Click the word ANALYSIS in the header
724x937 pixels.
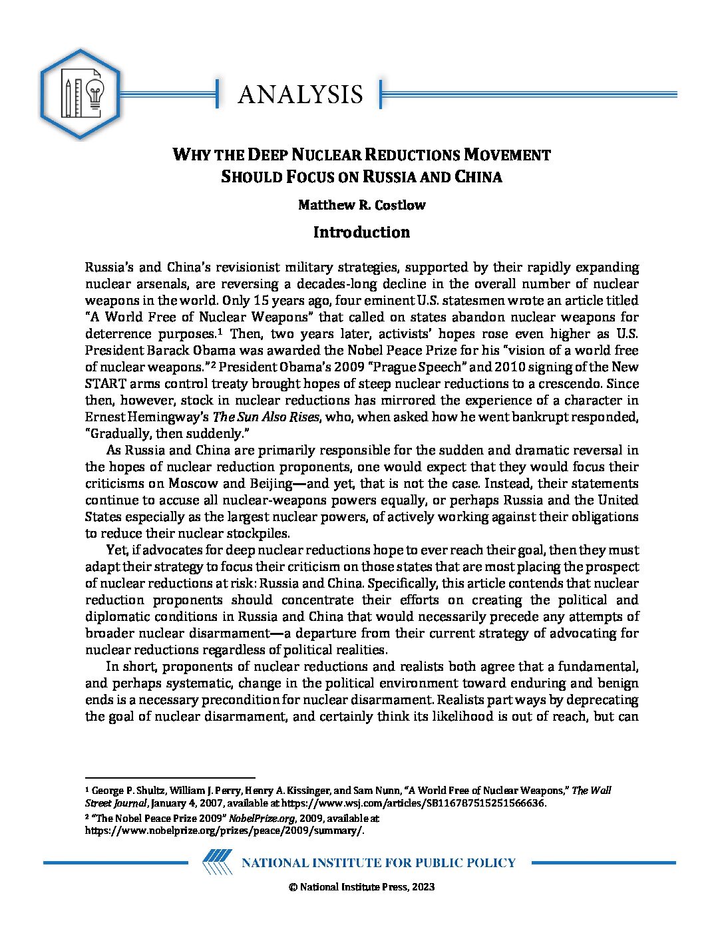point(300,94)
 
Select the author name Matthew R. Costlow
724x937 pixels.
point(361,205)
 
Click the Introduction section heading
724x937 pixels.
point(361,232)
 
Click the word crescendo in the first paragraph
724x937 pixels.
point(545,384)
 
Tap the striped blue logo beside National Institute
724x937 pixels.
point(217,862)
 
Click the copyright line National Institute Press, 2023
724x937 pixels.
point(361,886)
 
